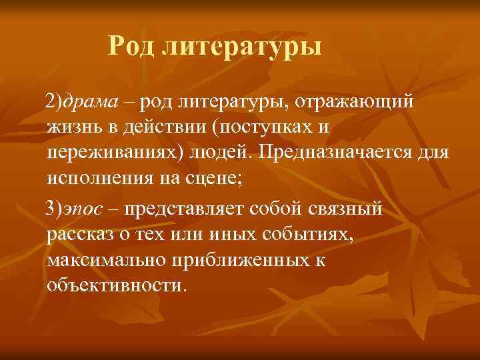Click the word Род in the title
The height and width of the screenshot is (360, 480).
(132, 47)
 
